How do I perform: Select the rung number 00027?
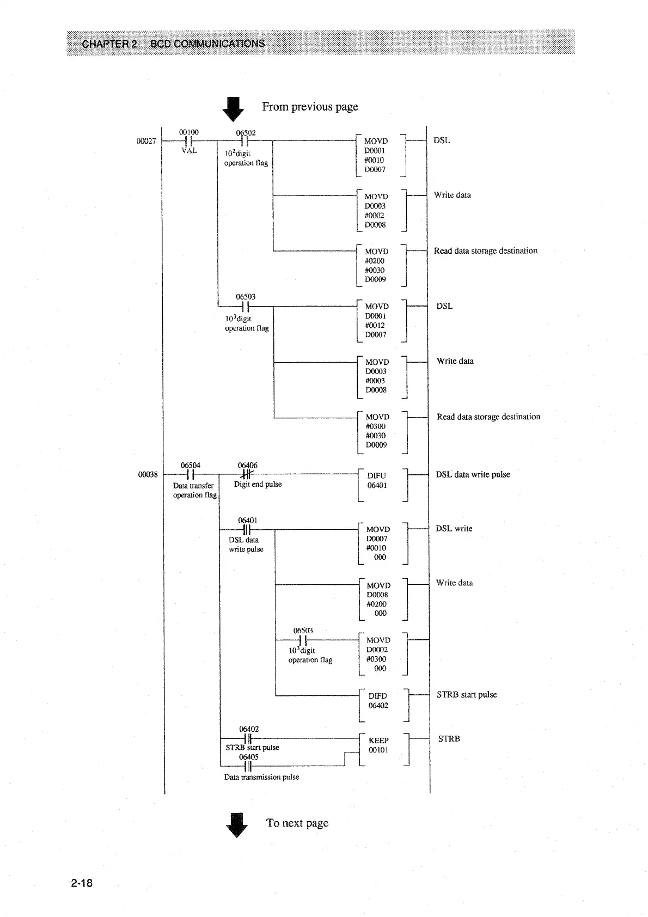coord(146,141)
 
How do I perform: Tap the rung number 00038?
coord(148,475)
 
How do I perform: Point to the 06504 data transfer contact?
coord(190,474)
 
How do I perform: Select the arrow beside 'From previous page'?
coord(234,108)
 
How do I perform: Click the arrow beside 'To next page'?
coord(236,824)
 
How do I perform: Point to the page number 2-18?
coord(82,883)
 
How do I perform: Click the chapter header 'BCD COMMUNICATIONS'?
coord(207,44)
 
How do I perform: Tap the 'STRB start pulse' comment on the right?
coord(467,695)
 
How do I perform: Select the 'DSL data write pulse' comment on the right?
coord(473,474)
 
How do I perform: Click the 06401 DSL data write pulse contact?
coord(247,529)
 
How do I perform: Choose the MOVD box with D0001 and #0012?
coord(381,320)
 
